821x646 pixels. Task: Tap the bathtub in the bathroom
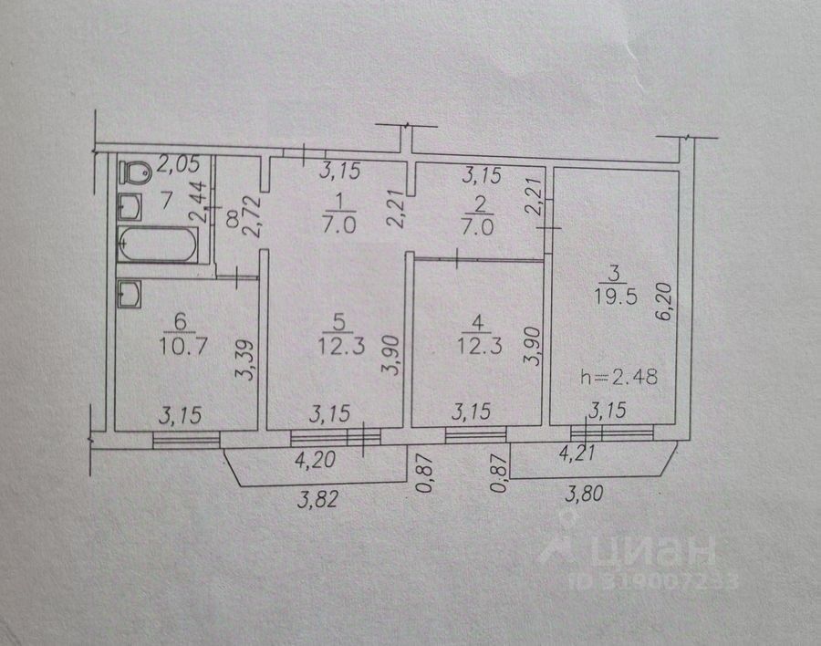pos(157,245)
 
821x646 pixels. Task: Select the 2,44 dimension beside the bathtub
pos(197,203)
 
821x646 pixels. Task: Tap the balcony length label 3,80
pos(585,497)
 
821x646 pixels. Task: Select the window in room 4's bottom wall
pos(473,434)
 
